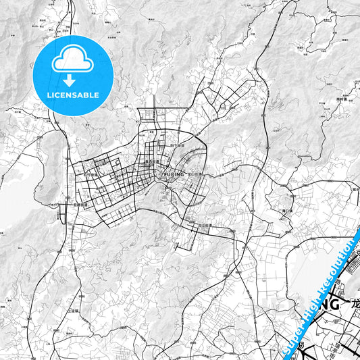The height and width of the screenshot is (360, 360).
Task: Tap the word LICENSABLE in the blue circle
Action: click(73, 95)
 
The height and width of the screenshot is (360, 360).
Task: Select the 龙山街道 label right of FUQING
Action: click(196, 173)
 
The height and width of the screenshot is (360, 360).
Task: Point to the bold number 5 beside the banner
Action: click(301, 345)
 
